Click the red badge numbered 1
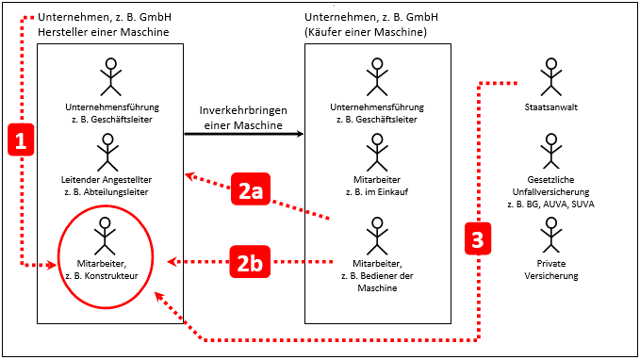click(22, 140)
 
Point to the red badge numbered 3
click(479, 238)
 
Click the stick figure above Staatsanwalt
click(550, 78)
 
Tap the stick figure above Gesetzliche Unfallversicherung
click(550, 151)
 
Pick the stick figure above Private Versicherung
click(550, 235)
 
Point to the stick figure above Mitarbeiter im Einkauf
click(377, 151)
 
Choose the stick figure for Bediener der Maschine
click(377, 235)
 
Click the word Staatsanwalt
click(550, 108)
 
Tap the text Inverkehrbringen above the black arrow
click(244, 110)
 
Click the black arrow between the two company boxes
click(244, 133)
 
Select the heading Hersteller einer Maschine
click(104, 33)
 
